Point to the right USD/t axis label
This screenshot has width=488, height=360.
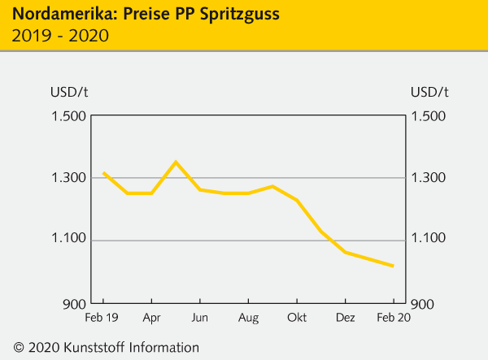430,90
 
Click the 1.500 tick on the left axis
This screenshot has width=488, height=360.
68,115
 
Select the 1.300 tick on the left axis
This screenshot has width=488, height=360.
68,178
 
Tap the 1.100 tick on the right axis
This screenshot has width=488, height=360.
430,239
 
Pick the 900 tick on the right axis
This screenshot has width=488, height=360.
425,302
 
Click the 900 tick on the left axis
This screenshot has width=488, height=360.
73,302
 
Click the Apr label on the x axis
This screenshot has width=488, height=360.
151,317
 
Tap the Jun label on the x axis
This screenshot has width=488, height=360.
200,317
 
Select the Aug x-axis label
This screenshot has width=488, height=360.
249,317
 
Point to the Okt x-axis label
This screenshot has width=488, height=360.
297,317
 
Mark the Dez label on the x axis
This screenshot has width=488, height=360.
345,317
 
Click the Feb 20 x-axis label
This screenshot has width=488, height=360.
393,317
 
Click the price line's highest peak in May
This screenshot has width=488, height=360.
176,162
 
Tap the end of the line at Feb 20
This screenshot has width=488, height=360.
394,266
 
